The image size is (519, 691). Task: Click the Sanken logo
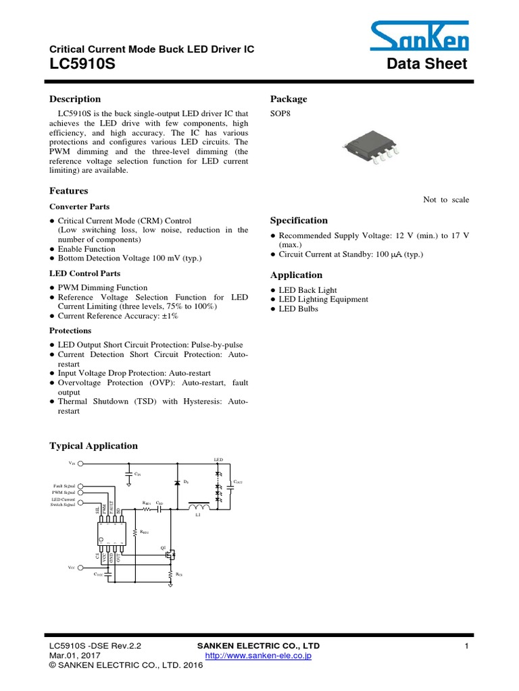(x=419, y=36)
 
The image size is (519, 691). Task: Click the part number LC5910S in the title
(x=78, y=63)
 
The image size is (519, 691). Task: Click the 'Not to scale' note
(x=446, y=200)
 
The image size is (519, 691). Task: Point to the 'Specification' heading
(x=299, y=221)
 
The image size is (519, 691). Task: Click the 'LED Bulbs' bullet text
(x=298, y=309)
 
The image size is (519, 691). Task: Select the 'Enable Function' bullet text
(x=86, y=249)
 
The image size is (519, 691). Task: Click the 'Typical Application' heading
(x=93, y=446)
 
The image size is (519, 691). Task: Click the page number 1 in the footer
(x=466, y=646)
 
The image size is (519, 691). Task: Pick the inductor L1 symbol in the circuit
(x=199, y=507)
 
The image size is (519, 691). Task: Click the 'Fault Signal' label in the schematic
(x=64, y=486)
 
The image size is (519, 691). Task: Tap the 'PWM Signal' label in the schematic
(x=64, y=493)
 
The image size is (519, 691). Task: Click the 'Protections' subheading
(x=70, y=331)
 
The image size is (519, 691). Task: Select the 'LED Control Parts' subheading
(x=84, y=273)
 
